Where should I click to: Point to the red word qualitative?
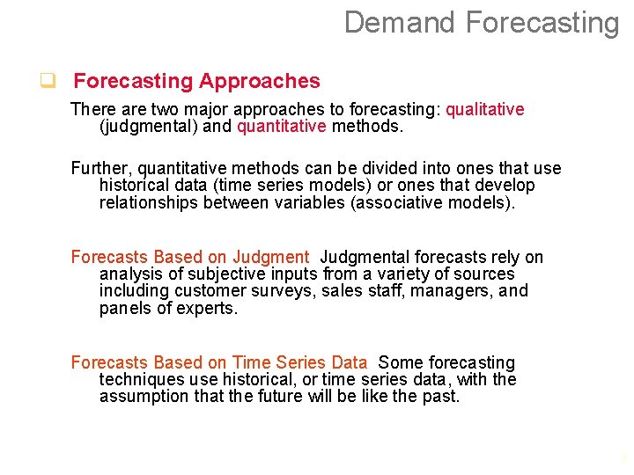coord(484,109)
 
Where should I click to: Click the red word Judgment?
coord(270,257)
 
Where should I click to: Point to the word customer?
coord(204,291)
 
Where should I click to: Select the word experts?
coord(210,308)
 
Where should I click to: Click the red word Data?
coord(350,362)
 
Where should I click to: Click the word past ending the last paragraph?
coord(441,396)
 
